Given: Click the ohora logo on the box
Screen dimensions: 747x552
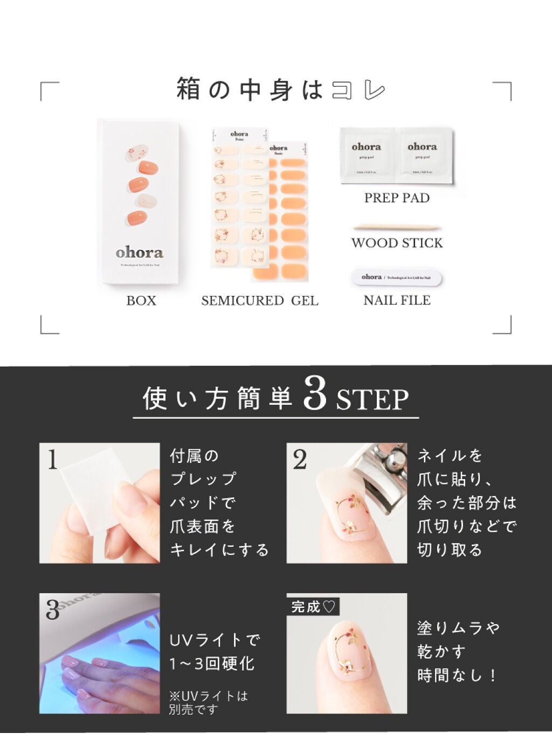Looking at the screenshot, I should (x=139, y=252).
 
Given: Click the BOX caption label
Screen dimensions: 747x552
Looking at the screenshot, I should (x=141, y=301).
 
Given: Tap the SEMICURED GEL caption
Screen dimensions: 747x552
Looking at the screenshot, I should (x=260, y=301).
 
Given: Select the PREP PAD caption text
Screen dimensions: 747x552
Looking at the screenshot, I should (x=397, y=198).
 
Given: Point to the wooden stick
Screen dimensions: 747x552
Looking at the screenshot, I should (x=397, y=227).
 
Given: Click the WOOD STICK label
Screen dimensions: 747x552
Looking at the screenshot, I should (x=397, y=243).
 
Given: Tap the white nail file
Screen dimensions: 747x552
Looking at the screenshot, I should (x=396, y=278).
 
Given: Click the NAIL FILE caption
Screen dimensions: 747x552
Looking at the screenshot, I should (x=397, y=301).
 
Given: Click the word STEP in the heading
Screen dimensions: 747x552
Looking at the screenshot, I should (x=372, y=399).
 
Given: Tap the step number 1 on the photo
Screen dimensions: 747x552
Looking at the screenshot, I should (x=52, y=460).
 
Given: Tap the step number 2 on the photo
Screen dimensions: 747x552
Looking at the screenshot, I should (x=300, y=460).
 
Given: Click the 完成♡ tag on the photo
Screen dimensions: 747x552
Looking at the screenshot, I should (x=313, y=607).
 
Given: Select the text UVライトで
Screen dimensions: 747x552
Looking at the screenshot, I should (x=215, y=640).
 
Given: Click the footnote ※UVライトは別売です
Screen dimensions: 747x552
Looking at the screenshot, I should (x=208, y=703).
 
